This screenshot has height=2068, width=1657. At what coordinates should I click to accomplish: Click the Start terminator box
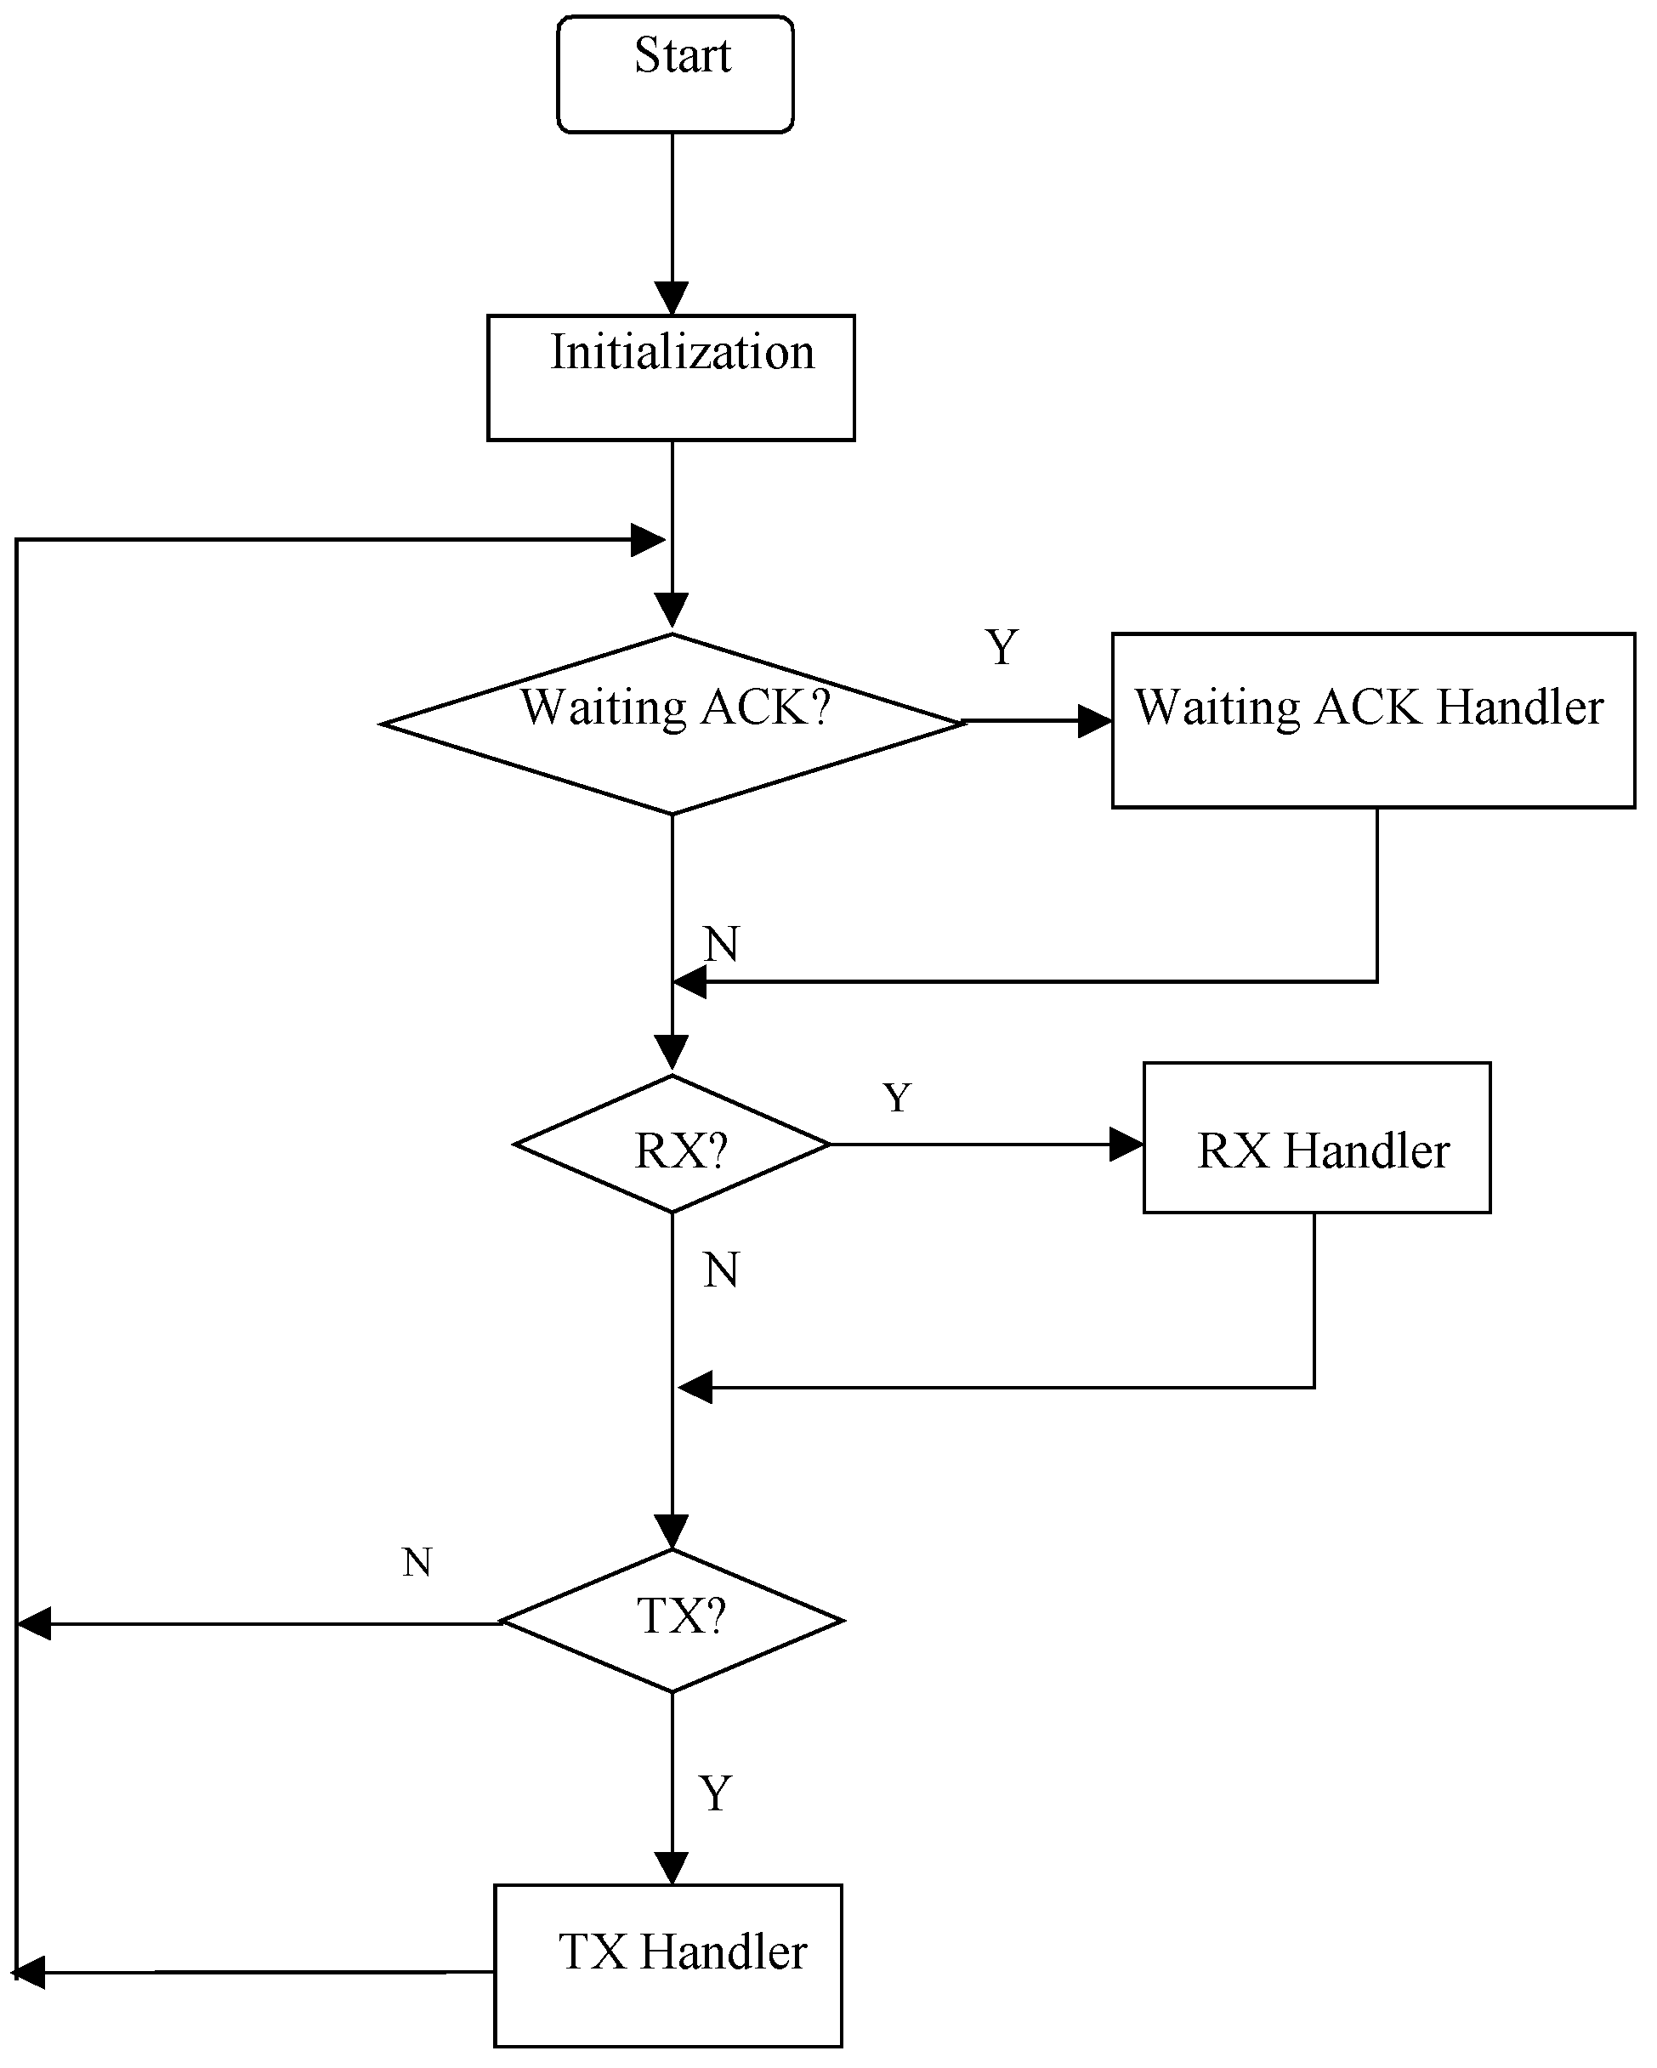click(675, 74)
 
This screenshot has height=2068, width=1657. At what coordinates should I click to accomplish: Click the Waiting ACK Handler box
click(1372, 719)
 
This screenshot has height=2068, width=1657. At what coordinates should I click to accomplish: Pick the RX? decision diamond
click(672, 1145)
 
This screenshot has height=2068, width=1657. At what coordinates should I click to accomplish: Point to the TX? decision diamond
click(672, 1621)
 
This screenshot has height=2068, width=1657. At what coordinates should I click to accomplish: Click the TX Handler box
click(668, 1965)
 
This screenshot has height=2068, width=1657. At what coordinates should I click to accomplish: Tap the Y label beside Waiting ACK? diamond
click(1002, 647)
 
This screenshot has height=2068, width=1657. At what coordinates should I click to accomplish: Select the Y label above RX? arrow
click(897, 1097)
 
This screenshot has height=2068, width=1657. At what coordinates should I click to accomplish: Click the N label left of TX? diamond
click(417, 1563)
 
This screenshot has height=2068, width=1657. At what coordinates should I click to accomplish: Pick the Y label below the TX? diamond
click(715, 1792)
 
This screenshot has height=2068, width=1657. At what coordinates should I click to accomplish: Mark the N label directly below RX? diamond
click(721, 1271)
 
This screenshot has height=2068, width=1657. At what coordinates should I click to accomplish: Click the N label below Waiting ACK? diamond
click(721, 945)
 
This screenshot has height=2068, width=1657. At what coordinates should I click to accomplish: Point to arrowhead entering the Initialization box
click(672, 298)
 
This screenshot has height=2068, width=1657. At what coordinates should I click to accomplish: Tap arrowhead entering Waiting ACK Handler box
click(1094, 721)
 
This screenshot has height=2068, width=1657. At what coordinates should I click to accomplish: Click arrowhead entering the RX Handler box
click(1126, 1145)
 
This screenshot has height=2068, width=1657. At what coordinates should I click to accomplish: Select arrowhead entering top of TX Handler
click(672, 1867)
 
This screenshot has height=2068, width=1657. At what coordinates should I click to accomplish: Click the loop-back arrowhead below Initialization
click(647, 540)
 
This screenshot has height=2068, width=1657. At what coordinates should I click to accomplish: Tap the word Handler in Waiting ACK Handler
click(1520, 707)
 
